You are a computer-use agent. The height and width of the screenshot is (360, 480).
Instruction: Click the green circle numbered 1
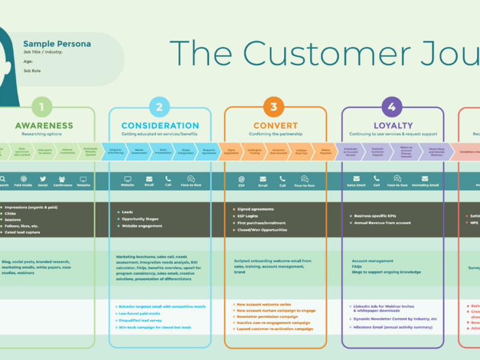pos(42,107)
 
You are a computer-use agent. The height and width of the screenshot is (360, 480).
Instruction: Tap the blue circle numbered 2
pos(159,107)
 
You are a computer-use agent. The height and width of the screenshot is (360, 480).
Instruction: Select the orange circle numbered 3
pos(274,107)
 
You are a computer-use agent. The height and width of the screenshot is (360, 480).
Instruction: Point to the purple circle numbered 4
pos(392,107)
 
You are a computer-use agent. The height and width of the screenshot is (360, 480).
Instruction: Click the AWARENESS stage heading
pos(44,126)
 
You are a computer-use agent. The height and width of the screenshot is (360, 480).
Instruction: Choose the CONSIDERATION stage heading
pos(160,126)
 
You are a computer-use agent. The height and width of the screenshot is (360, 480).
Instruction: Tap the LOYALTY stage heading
pos(393,126)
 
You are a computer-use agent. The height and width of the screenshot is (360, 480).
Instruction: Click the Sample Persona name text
pos(57,44)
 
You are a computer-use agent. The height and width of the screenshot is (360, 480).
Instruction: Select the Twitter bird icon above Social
pos(43,179)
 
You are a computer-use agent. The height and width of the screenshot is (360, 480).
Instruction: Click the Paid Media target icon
pos(23,179)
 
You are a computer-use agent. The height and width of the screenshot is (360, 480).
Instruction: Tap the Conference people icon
pos(62,179)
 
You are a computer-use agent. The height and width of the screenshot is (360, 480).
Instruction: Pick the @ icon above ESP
pos(241,179)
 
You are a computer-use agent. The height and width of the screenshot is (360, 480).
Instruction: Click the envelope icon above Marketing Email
pos(425,179)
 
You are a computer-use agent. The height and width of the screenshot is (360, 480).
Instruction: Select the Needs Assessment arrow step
pos(139,151)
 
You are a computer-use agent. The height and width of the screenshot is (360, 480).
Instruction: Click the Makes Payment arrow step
pos(325,151)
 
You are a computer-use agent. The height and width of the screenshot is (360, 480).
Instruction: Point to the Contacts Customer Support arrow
pos(377,151)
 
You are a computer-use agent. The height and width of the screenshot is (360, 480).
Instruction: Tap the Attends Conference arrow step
pos(67,151)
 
